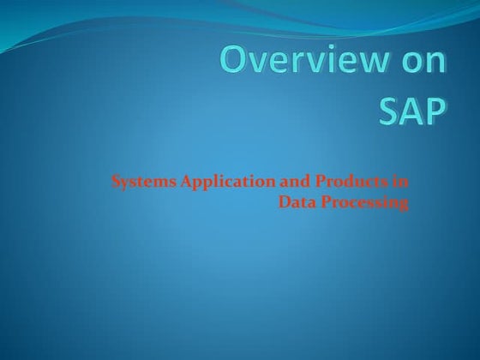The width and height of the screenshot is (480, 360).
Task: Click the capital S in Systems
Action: pos(116,182)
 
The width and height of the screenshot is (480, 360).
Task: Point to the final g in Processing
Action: pos(403,205)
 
